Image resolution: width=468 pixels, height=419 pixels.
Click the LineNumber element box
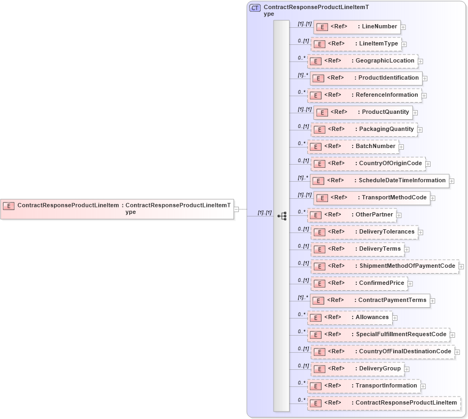click(356, 27)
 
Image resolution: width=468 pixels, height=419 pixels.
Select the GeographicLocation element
click(362, 61)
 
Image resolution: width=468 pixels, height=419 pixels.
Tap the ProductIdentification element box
click(366, 78)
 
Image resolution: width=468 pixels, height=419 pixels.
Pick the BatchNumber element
click(353, 146)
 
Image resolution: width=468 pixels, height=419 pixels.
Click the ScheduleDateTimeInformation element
click(379, 181)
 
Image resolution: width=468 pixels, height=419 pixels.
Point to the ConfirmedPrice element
click(358, 283)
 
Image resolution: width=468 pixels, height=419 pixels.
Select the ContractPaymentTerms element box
click(370, 300)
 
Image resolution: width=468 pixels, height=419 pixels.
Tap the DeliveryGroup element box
click(357, 369)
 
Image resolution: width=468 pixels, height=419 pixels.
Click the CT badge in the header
click(255, 8)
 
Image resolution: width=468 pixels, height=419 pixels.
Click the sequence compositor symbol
click(282, 216)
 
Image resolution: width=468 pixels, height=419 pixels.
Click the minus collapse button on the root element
click(236, 209)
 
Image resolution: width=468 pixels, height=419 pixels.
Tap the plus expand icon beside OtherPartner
click(399, 215)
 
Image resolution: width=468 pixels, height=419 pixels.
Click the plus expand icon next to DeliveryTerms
click(407, 250)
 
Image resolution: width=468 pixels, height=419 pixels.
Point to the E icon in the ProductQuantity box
click(322, 112)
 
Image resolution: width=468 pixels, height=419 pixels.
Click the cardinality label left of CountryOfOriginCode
click(303, 161)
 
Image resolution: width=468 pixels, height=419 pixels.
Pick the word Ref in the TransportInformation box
click(333, 386)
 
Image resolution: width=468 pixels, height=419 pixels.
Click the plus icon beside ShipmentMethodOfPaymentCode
click(461, 267)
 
